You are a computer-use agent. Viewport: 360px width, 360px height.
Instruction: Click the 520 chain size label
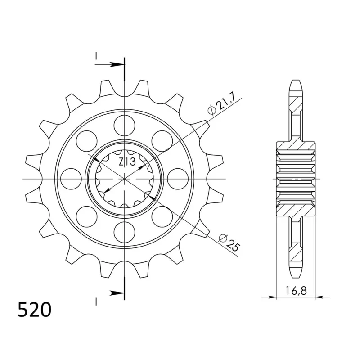tap(35, 310)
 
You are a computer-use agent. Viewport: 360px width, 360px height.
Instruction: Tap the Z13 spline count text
tap(127, 162)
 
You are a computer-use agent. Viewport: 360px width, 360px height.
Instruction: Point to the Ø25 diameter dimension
tap(229, 242)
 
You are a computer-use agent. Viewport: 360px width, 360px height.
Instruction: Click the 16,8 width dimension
tap(296, 291)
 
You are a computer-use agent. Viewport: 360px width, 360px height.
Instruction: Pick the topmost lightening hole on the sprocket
tap(124, 126)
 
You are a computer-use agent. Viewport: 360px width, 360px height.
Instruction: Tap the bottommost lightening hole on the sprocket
tap(124, 232)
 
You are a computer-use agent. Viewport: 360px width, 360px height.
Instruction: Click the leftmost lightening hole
tap(72, 179)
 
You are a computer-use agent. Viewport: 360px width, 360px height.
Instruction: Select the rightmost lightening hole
tap(178, 179)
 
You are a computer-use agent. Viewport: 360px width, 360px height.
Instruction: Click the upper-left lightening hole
tap(86, 141)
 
